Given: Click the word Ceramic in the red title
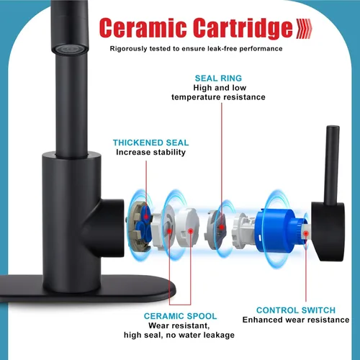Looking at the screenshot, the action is coord(143,27).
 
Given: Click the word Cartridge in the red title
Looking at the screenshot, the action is coord(243,28).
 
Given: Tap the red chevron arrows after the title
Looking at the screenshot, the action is coord(304,29).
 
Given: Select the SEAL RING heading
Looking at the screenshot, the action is coord(218,78).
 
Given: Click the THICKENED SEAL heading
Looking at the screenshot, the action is coord(150,143).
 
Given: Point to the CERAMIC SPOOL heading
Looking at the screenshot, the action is coord(180,316).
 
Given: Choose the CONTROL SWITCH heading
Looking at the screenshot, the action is coord(296,310).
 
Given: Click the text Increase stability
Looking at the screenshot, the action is coord(150,152).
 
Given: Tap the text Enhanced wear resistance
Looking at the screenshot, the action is coord(296,320).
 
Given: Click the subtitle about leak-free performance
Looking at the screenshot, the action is coord(196,49).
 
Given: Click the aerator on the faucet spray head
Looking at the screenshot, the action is coord(69,49).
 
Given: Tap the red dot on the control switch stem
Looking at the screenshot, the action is coord(306,233).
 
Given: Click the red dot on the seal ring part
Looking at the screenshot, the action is coord(222,227).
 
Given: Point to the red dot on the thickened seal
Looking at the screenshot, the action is coord(146,217).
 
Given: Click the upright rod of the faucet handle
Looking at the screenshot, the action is coord(332,166).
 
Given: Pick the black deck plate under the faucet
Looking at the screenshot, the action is coord(88,288).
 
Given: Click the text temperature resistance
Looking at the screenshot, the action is coord(218,97).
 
